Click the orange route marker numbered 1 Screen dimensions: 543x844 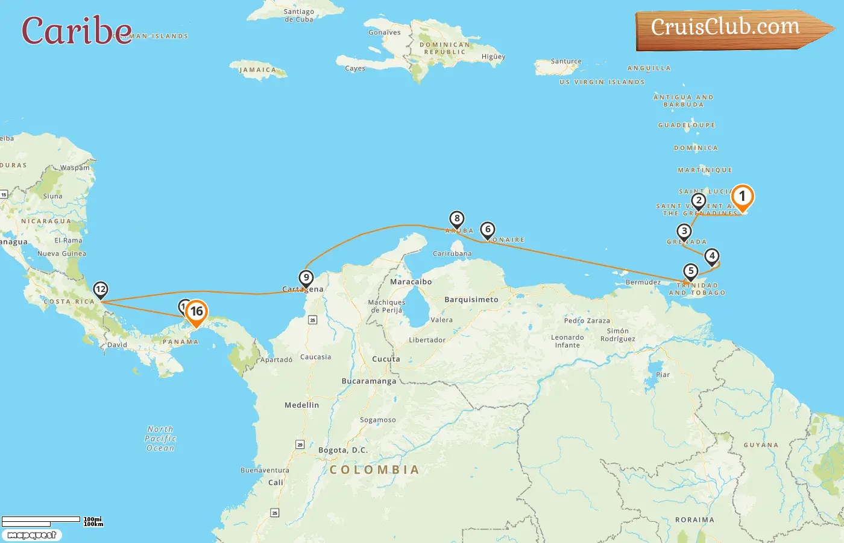point(742,197)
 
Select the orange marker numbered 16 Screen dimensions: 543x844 point(196,313)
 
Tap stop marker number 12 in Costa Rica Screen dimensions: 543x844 point(101,290)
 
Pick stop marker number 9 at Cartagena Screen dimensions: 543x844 point(306,278)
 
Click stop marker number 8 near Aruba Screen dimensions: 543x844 point(457,218)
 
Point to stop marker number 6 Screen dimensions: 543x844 point(488,230)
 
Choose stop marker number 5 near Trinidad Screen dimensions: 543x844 point(691,271)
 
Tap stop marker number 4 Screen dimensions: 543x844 point(712,256)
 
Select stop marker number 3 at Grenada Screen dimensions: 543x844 point(684,232)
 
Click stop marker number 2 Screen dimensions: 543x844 point(699,201)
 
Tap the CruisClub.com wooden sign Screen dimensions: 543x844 point(729,28)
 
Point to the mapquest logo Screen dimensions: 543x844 point(31,535)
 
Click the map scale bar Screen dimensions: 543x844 point(41,520)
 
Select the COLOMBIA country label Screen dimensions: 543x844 point(374,470)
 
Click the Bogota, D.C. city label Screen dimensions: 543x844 point(342,450)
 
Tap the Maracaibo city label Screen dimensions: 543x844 point(411,282)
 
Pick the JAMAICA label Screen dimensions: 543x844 point(257,70)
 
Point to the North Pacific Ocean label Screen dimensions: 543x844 point(160,439)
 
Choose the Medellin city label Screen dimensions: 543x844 point(301,405)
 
